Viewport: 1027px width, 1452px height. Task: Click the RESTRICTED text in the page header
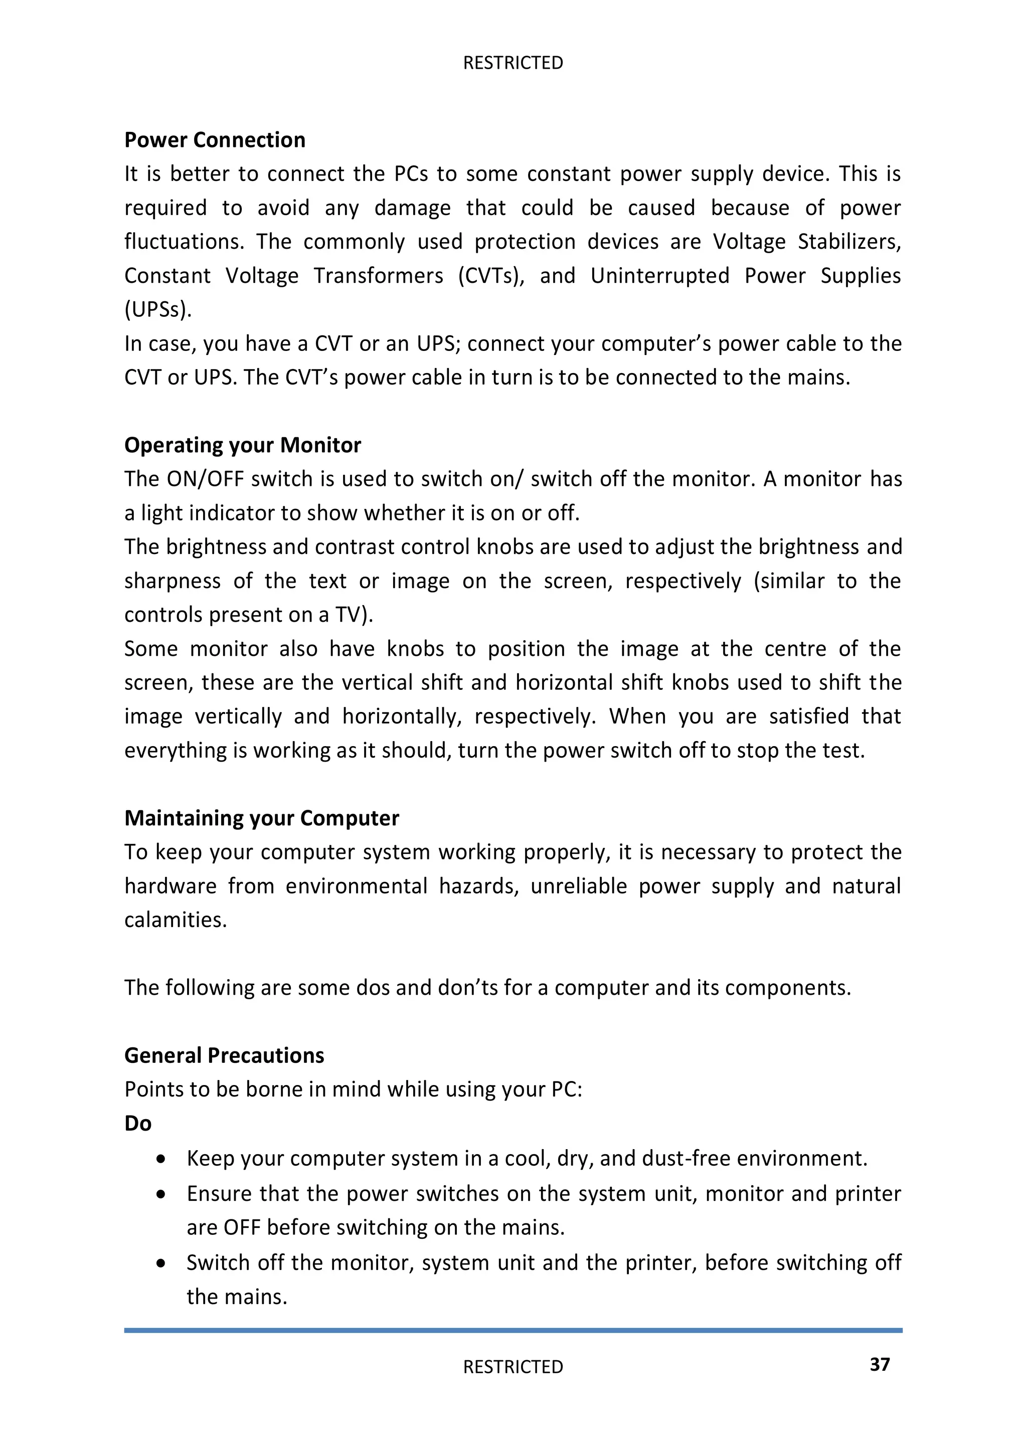tap(513, 63)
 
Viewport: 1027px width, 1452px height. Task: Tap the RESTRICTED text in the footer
tap(513, 1367)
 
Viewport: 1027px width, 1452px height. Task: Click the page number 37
tap(880, 1364)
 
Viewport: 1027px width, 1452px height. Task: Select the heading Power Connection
tap(215, 140)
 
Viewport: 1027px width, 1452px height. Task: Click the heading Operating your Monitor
tap(242, 445)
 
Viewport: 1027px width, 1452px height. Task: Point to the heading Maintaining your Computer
tap(261, 818)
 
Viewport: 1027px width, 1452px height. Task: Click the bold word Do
tap(138, 1123)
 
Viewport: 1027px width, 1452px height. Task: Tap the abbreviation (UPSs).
tap(157, 310)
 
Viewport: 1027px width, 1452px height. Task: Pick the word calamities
tap(175, 920)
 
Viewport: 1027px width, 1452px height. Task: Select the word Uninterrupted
tap(659, 276)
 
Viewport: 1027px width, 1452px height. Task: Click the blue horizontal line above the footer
tap(513, 1330)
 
